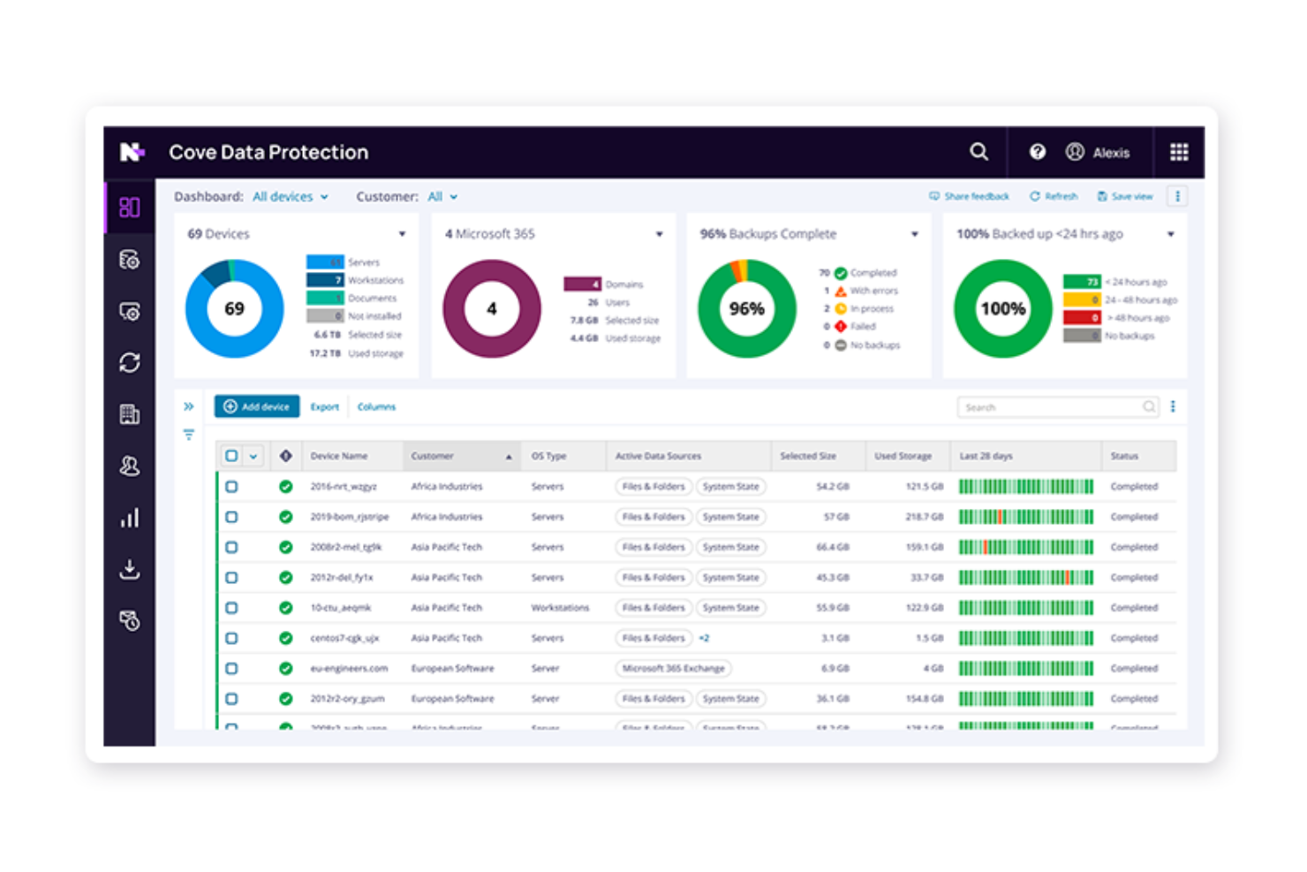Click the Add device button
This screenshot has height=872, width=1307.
pos(257,406)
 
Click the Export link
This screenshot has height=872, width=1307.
pos(324,407)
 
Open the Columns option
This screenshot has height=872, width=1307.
pos(376,407)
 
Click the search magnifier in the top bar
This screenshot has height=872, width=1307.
pos(978,152)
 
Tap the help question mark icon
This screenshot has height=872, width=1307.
pos(1037,152)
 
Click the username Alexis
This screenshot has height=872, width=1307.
pos(1110,153)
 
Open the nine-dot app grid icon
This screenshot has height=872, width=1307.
pos(1178,152)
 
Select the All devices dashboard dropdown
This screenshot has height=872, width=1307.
pos(290,197)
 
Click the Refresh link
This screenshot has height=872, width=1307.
pos(1054,196)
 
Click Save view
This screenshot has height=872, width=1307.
pos(1125,196)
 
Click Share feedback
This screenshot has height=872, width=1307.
pos(969,196)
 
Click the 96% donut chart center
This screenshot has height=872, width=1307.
pos(746,308)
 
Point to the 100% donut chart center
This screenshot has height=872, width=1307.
pos(1002,308)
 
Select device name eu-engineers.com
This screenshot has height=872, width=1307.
pos(349,668)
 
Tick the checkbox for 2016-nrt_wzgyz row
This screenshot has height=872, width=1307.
pos(231,487)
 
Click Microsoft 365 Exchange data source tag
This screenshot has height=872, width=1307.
pos(673,668)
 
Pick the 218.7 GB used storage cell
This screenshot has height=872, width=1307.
pos(924,517)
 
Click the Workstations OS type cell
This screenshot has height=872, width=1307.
pos(559,608)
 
